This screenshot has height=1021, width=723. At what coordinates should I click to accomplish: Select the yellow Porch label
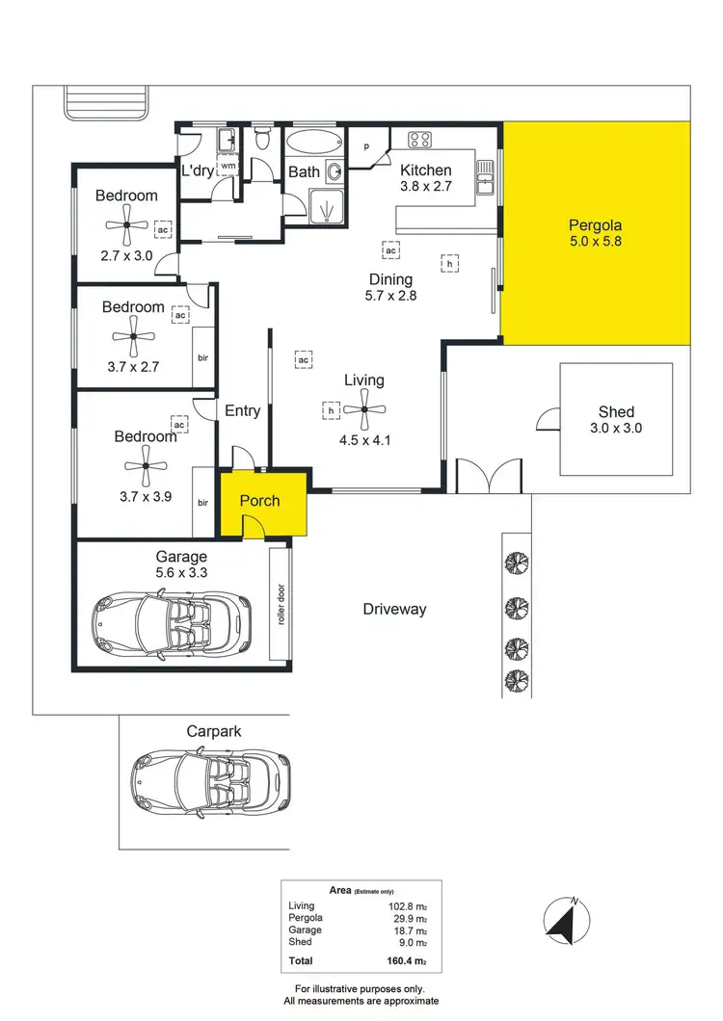[259, 500]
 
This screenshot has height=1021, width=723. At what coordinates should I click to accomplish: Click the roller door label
[281, 605]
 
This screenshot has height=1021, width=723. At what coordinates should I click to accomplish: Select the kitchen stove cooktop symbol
[419, 141]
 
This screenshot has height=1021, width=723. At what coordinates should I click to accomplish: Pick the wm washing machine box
[228, 167]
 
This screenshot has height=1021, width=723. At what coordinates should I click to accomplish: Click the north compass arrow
[563, 920]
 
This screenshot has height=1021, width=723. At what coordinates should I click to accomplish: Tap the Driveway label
[394, 609]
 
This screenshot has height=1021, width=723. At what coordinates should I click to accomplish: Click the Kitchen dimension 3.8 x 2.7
[426, 187]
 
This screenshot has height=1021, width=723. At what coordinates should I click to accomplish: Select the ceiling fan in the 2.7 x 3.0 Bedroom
[125, 231]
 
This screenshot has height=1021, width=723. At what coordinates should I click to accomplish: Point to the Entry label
[242, 410]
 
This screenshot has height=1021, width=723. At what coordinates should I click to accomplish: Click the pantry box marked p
[366, 146]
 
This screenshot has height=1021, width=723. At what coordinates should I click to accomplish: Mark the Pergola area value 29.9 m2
[409, 918]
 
